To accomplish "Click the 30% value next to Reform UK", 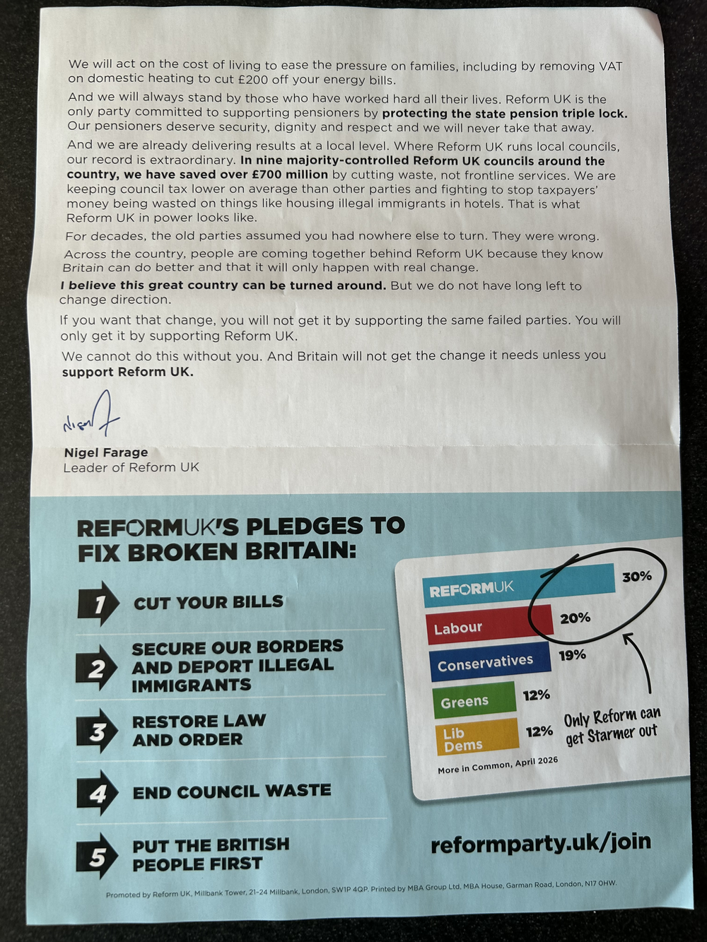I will click(x=636, y=577).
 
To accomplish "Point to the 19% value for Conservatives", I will click(x=572, y=655).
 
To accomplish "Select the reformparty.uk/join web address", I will click(x=540, y=843).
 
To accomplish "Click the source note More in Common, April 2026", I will click(x=497, y=765).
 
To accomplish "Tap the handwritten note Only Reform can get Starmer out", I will click(x=612, y=726).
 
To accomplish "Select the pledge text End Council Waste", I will click(x=232, y=791).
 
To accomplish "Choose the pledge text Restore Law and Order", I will click(x=199, y=731).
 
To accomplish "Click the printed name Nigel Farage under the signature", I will click(x=106, y=452).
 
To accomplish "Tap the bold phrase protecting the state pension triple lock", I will click(x=504, y=113).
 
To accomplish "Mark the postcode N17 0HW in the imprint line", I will click(x=600, y=883).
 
